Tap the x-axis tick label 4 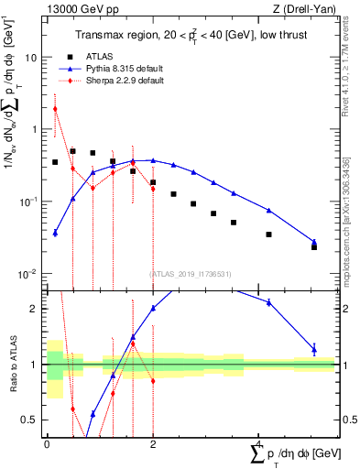(x=258, y=443)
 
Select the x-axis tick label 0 (x=47, y=443)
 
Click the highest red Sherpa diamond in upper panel (x=55, y=109)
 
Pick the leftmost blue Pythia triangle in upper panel (x=55, y=233)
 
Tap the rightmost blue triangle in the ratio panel (x=314, y=348)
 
